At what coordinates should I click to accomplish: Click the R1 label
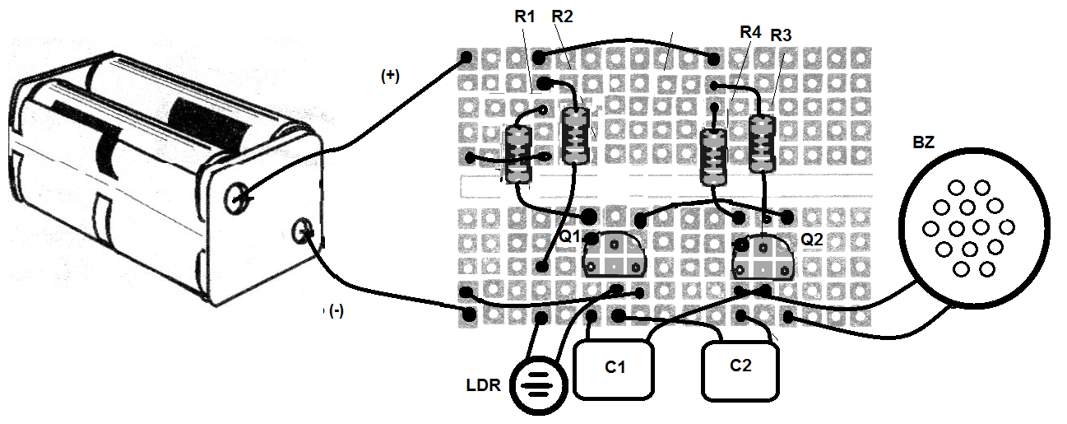(x=524, y=16)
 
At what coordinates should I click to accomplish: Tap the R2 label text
(x=562, y=16)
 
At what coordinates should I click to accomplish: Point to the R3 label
(x=781, y=35)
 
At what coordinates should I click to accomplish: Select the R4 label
(x=750, y=32)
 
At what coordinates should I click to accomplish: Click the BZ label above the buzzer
(x=923, y=142)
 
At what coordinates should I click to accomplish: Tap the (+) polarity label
(x=390, y=76)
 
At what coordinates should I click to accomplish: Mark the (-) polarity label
(x=336, y=311)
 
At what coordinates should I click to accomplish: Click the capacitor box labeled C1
(x=614, y=369)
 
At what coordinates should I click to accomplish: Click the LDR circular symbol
(x=539, y=385)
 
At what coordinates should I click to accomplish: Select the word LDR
(x=484, y=385)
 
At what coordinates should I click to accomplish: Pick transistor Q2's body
(x=763, y=258)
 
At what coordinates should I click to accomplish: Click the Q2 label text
(x=812, y=240)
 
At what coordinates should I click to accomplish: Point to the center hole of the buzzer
(x=969, y=228)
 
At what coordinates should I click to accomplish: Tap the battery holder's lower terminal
(x=302, y=232)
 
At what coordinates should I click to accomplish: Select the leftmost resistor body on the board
(x=517, y=155)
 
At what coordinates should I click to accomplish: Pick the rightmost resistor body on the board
(x=763, y=144)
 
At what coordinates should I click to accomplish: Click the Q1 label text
(x=569, y=235)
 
